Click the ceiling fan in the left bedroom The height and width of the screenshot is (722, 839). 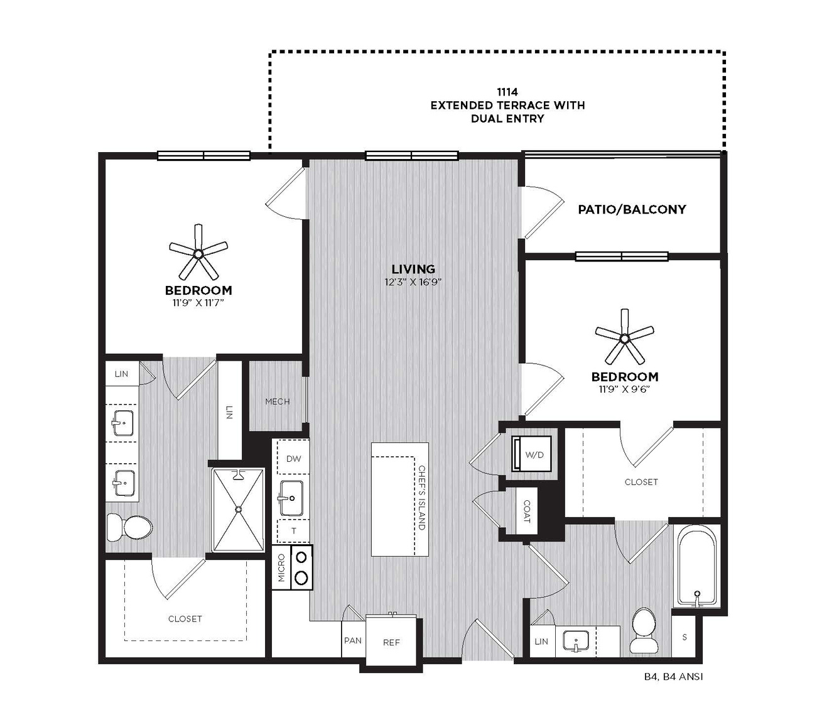point(198,253)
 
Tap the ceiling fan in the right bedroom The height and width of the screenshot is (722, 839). point(624,338)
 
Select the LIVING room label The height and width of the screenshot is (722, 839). point(413,269)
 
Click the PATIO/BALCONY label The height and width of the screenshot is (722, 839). point(632,209)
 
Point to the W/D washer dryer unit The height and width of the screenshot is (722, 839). point(531,454)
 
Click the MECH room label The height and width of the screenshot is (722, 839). point(278,402)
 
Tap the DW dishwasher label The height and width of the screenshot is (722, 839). point(294,459)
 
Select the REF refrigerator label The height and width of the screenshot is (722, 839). point(391,642)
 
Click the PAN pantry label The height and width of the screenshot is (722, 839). point(353,640)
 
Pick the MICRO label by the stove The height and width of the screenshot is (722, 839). point(282,567)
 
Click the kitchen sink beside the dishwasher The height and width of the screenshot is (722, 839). point(290,498)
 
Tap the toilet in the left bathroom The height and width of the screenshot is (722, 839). point(129,528)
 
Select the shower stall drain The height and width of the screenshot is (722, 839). point(238,508)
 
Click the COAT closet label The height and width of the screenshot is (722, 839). point(527,511)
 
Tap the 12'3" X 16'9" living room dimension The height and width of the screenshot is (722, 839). point(413,282)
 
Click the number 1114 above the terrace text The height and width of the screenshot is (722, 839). point(507,92)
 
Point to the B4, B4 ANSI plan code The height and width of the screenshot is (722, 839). point(673,677)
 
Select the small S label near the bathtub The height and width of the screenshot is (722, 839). point(685,637)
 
